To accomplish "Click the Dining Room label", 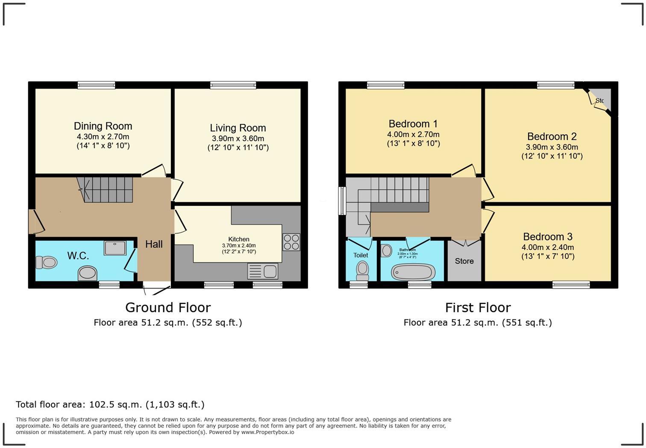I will [103, 126].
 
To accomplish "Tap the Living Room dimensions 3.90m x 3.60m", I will [238, 139].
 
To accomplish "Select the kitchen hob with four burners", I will [291, 242].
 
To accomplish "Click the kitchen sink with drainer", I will [263, 271].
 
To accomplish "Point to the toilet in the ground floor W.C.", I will [46, 262].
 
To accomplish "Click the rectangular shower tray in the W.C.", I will [115, 248].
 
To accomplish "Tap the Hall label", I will [154, 244].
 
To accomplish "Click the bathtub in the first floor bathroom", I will [413, 272].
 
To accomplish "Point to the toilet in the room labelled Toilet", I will [362, 270].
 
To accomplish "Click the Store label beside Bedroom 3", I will [464, 261].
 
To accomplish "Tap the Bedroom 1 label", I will [413, 124].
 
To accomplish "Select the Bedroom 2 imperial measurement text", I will [552, 156].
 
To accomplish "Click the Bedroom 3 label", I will [547, 237].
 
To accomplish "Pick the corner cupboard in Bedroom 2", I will [602, 100].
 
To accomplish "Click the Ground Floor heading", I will [167, 307].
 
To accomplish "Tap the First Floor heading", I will [478, 307].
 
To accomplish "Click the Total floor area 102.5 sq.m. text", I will [110, 404].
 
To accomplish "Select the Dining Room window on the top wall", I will [96, 85].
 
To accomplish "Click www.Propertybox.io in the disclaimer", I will [267, 432].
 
